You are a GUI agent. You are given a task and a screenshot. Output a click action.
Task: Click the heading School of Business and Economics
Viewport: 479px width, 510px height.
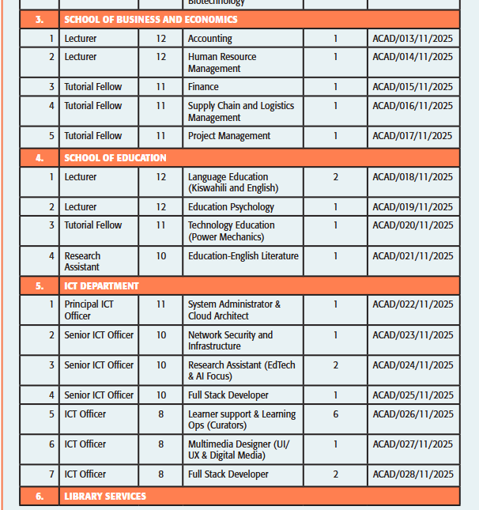click(x=150, y=19)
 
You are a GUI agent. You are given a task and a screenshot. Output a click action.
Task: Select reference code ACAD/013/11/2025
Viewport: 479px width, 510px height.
click(x=413, y=39)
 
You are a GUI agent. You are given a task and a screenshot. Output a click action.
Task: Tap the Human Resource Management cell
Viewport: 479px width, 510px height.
click(x=222, y=62)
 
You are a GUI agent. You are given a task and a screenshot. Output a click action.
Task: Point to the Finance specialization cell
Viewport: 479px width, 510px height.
click(x=203, y=87)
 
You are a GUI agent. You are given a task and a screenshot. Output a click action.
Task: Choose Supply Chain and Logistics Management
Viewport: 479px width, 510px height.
click(x=240, y=111)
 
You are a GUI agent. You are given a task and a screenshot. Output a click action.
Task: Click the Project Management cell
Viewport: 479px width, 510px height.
click(x=229, y=136)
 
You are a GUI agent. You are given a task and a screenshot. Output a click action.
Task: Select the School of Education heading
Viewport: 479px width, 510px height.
click(x=115, y=158)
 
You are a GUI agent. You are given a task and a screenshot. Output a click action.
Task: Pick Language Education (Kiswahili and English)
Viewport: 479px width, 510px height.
click(x=233, y=183)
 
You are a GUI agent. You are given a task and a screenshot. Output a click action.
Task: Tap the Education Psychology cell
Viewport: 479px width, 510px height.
click(x=231, y=207)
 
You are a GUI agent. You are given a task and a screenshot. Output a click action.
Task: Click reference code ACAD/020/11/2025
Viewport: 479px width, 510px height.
click(x=413, y=225)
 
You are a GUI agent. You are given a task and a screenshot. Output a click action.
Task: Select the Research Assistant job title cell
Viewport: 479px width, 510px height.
click(x=82, y=262)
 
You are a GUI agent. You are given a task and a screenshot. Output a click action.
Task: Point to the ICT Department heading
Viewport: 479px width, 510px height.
click(x=101, y=286)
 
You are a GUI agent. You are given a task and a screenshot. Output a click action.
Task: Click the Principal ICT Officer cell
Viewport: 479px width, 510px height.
click(x=89, y=310)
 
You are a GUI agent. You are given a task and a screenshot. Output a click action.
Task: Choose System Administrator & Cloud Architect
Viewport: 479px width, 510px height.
click(x=234, y=310)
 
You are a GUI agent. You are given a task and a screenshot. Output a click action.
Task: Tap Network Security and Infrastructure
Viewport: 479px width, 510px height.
click(x=230, y=341)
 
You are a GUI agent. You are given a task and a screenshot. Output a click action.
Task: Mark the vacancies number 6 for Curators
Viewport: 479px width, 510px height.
click(x=335, y=414)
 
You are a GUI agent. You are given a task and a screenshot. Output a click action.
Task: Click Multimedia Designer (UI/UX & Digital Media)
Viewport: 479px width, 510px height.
click(x=239, y=450)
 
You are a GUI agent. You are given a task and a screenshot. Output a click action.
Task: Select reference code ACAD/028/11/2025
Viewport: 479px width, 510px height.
click(x=413, y=474)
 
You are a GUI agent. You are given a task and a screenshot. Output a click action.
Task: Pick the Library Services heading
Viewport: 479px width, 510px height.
click(x=105, y=497)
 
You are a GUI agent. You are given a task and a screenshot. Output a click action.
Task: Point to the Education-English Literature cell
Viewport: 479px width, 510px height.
click(x=243, y=256)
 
